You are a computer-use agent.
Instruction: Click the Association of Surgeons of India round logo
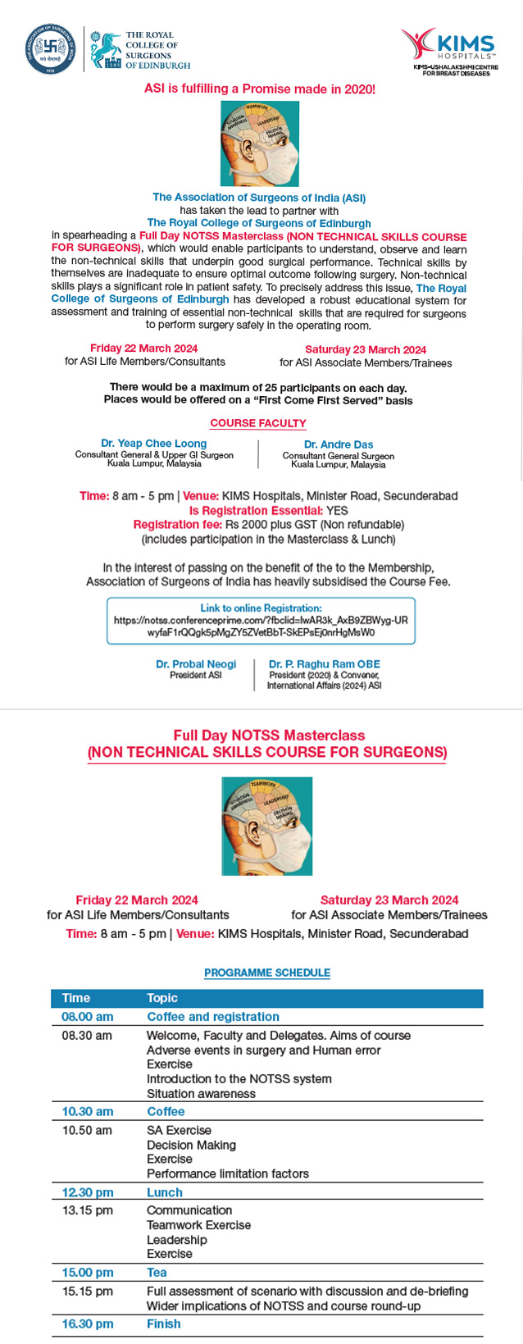point(51,50)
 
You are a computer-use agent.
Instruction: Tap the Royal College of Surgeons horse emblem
point(106,50)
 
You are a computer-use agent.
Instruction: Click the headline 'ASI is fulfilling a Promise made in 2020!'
point(260,89)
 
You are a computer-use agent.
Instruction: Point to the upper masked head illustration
point(259,144)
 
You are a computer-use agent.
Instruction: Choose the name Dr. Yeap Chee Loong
point(153,444)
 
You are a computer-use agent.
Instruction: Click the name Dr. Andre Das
point(338,444)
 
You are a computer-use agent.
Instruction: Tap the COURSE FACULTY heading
point(258,423)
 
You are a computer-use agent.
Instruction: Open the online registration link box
point(261,621)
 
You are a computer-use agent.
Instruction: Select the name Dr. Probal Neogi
point(196,664)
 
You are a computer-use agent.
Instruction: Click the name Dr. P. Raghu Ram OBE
point(325,664)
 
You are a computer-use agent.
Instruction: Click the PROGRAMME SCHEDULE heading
point(267,973)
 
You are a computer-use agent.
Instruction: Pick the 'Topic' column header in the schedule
point(162,998)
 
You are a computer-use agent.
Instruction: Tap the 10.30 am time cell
point(88,1111)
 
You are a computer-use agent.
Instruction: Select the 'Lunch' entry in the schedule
point(165,1192)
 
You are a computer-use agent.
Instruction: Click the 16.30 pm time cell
point(88,1323)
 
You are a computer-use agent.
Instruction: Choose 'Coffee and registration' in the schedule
point(213,1017)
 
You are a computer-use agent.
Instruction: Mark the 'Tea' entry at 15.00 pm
point(157,1273)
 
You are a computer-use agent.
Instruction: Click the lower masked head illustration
point(267,826)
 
